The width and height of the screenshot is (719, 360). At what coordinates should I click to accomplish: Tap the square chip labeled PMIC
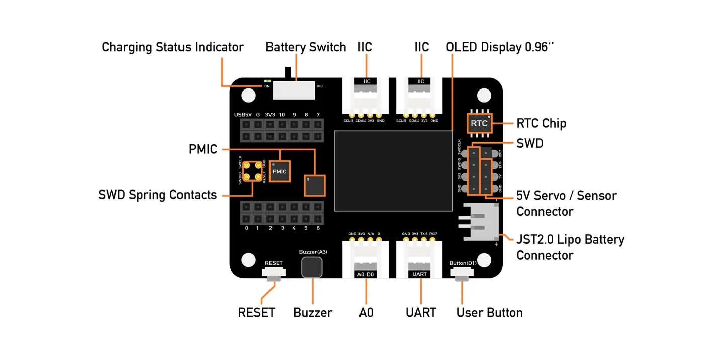coord(279,171)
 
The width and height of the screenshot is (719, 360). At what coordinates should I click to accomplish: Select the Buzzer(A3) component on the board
coord(312,267)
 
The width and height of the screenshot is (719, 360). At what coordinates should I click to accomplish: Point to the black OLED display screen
coord(392,170)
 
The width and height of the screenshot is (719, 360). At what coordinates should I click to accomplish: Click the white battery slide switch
coord(294,90)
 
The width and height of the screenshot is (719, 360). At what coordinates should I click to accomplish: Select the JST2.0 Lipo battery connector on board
coord(480,222)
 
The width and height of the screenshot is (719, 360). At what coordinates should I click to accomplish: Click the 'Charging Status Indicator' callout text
coord(172,47)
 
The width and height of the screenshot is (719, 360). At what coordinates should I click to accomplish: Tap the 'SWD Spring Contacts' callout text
coord(157,195)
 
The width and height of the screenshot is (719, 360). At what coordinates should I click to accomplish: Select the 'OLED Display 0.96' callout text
coord(500,47)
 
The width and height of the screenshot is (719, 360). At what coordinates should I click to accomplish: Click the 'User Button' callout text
coord(489,313)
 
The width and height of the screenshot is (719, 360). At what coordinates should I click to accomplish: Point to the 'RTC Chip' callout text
coord(541,124)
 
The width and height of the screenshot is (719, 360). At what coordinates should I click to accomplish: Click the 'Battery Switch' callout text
coord(306,47)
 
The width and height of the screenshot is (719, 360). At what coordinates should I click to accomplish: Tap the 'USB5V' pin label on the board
coord(243,115)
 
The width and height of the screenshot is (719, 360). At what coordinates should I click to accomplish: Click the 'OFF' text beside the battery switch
coord(320,86)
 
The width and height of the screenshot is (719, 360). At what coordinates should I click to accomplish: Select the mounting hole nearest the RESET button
coord(248,260)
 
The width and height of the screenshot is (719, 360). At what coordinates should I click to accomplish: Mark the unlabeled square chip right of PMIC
coord(315,185)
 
